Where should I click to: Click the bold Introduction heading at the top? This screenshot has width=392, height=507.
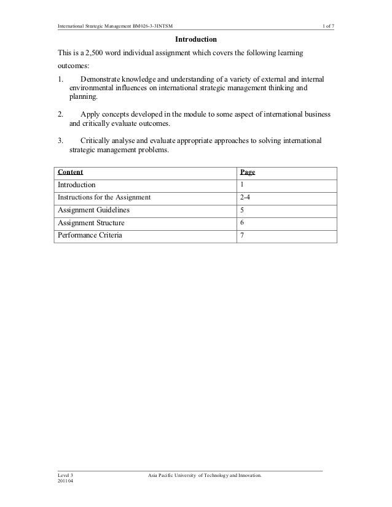pos(196,40)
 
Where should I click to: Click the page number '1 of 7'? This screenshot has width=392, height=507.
pos(324,25)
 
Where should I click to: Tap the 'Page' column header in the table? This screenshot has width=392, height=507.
pos(247,172)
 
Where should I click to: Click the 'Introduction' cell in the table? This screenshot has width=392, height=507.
pos(77,185)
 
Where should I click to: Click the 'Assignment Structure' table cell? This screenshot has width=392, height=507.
pos(87,222)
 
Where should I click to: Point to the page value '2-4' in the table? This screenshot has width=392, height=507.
pos(245,198)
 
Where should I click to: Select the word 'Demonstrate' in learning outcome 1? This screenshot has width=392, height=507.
pos(100,80)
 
